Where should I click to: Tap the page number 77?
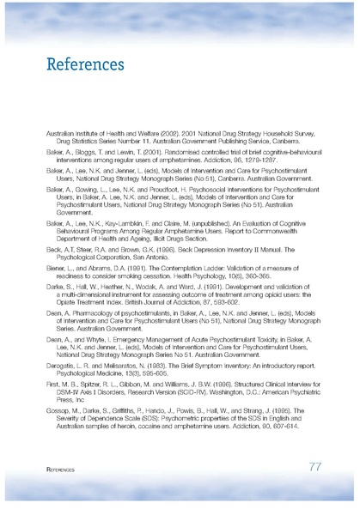point(314,466)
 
